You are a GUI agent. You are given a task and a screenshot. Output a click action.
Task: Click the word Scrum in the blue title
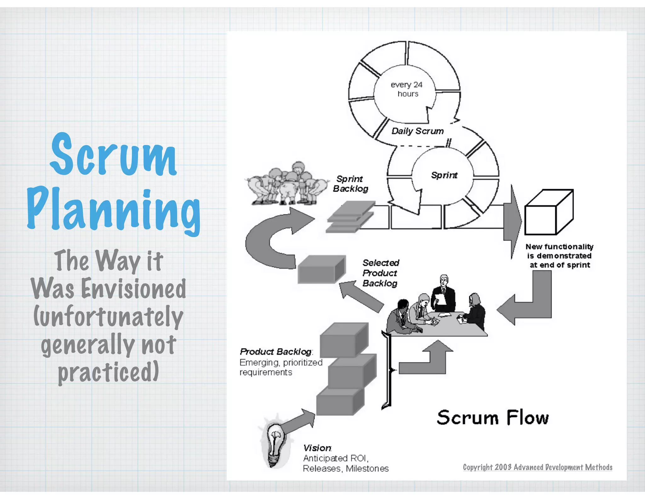(113, 155)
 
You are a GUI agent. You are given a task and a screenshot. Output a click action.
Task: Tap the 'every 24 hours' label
(407, 89)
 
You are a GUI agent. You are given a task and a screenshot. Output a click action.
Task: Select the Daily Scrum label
(417, 131)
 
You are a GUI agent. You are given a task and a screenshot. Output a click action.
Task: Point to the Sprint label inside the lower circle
(444, 175)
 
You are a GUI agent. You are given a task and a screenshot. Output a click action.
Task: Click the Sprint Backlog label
(350, 184)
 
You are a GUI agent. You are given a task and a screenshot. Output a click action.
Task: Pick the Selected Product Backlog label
(380, 273)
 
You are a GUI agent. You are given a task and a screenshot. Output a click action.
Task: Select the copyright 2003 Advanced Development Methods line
(537, 467)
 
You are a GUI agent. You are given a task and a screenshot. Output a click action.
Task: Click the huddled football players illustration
(287, 185)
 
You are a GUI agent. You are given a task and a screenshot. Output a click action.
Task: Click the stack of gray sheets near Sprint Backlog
(350, 217)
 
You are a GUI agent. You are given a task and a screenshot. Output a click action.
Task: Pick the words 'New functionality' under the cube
(559, 247)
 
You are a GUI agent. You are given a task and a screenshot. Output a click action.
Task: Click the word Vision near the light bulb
(317, 448)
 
